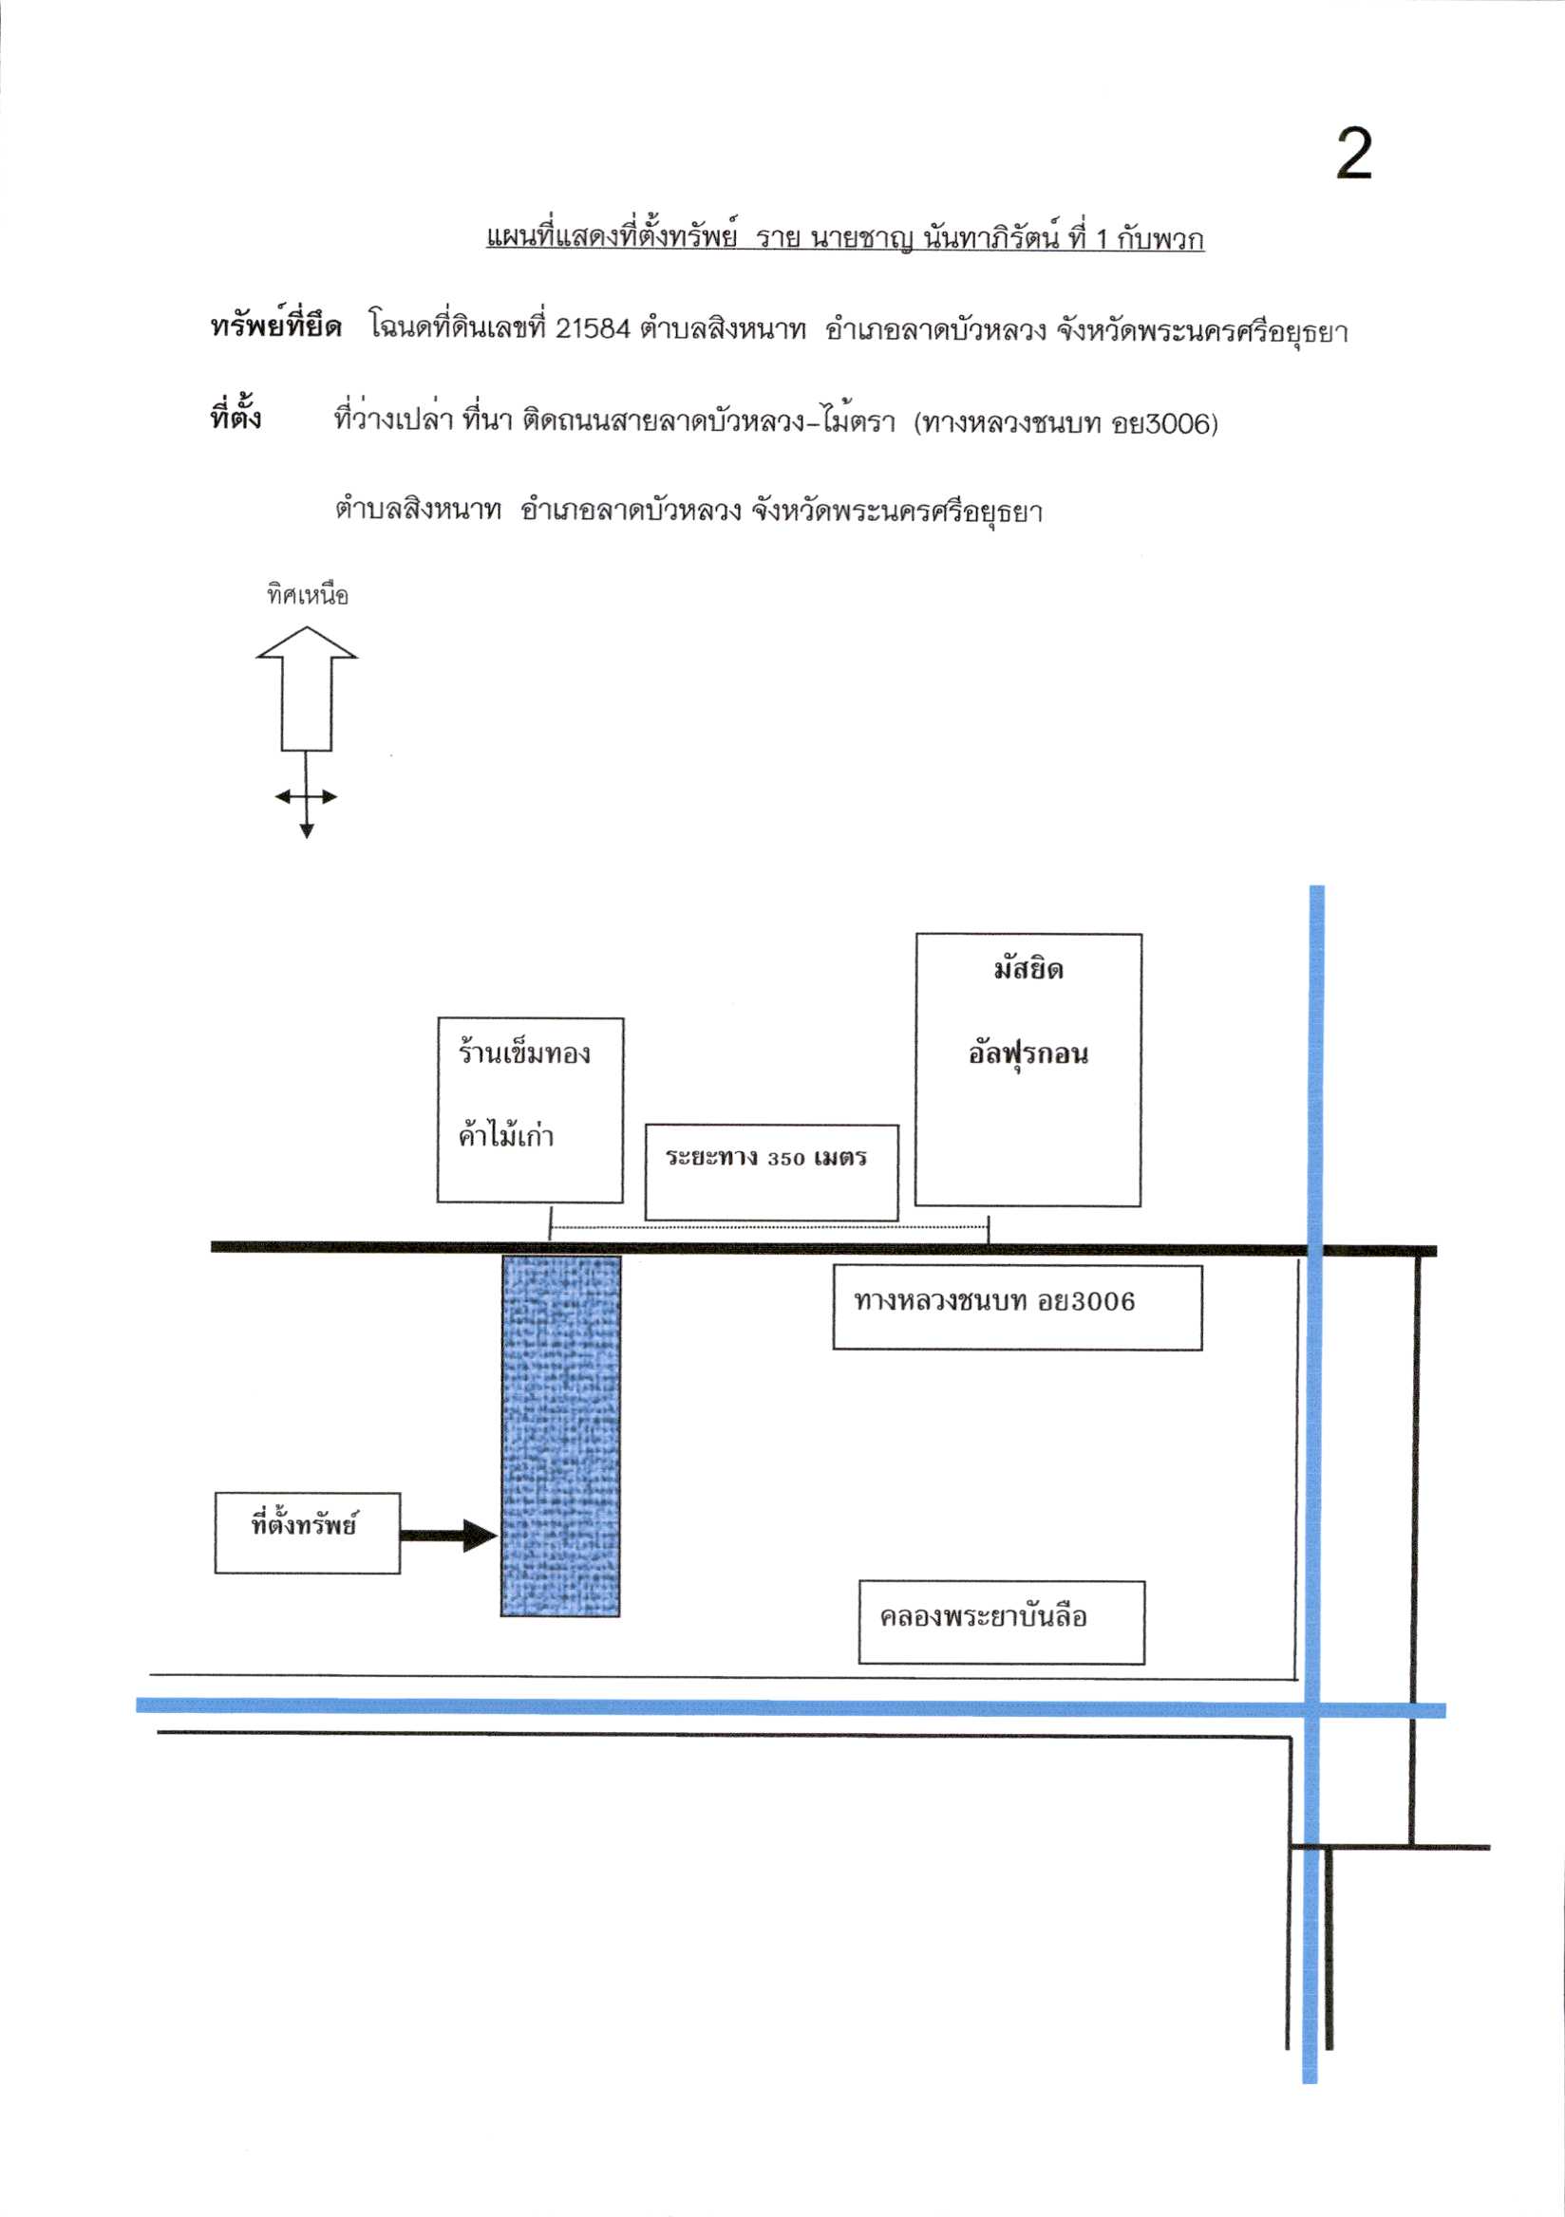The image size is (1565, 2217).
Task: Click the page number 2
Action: pos(1353,155)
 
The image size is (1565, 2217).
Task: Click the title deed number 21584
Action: pos(593,329)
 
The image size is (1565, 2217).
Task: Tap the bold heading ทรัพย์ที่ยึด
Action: pos(276,327)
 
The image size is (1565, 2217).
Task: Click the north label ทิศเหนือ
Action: pos(307,595)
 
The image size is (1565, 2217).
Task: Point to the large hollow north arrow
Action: pos(306,687)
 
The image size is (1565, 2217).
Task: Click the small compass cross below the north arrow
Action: pos(306,795)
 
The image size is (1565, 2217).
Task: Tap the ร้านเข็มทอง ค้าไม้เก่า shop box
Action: pos(530,1109)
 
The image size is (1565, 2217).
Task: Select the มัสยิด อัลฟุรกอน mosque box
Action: pos(1028,1069)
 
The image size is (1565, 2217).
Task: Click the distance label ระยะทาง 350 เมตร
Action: pos(766,1158)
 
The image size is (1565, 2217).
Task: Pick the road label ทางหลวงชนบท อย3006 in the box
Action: pos(994,1301)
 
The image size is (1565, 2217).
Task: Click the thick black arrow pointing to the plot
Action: pos(449,1535)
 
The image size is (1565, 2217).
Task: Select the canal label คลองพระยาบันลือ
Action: pos(984,1617)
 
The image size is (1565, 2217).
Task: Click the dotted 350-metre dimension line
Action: pos(769,1228)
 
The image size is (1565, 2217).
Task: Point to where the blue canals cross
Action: pos(1311,1710)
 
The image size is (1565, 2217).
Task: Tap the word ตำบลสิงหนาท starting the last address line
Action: pos(418,509)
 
